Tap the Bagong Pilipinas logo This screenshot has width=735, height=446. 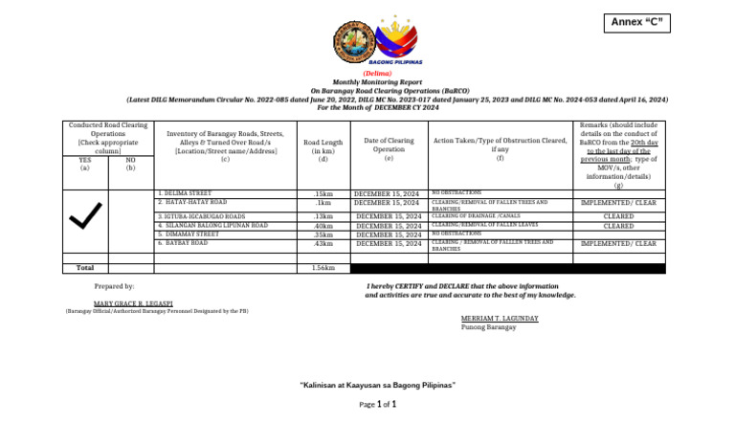(x=396, y=42)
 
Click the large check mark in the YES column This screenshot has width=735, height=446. (x=85, y=219)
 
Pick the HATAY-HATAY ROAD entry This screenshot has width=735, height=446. (x=193, y=203)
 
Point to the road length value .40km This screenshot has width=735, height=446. (x=323, y=226)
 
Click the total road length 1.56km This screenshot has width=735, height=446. (x=323, y=268)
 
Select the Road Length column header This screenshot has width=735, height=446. (x=323, y=149)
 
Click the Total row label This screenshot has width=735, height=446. (x=85, y=268)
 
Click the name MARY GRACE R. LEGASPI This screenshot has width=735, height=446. (x=133, y=302)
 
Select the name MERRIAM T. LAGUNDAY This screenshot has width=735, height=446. (x=499, y=318)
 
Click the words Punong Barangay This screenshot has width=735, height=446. (x=488, y=326)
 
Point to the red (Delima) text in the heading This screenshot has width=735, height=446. (x=376, y=74)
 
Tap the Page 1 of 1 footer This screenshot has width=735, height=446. (x=378, y=405)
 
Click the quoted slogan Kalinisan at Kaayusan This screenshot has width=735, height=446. (x=378, y=385)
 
